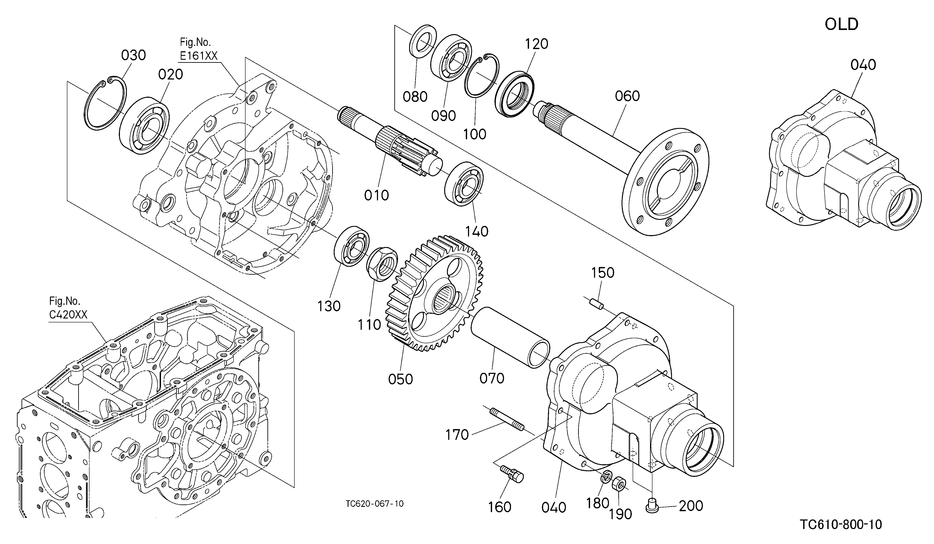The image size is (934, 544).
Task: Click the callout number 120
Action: pyautogui.click(x=537, y=44)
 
